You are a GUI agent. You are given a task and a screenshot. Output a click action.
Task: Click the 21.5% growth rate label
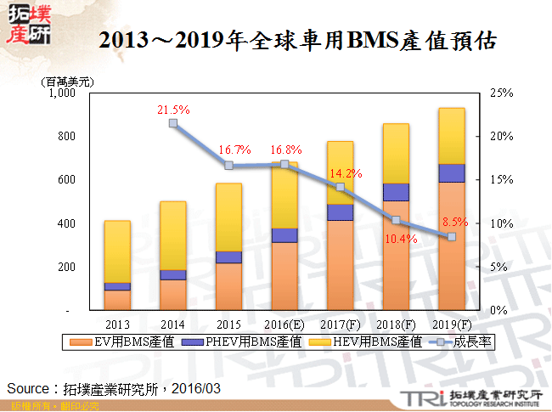(x=172, y=110)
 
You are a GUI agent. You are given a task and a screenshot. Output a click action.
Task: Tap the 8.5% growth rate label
(x=454, y=222)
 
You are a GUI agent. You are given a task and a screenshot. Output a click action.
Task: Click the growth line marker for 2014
(x=172, y=123)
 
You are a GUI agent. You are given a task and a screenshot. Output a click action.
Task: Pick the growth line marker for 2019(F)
(x=451, y=237)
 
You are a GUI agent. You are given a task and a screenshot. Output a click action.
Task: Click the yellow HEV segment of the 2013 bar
(x=117, y=251)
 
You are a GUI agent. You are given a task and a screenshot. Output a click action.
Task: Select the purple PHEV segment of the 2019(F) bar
(x=451, y=172)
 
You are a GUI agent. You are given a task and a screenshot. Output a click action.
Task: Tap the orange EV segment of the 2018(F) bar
(x=396, y=255)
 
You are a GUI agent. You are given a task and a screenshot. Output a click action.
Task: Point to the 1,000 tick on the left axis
(x=63, y=93)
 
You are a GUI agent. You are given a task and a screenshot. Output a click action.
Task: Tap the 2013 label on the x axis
(x=117, y=324)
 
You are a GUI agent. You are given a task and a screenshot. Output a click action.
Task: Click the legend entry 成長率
(x=468, y=342)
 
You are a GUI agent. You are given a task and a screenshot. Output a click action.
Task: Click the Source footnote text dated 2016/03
(x=114, y=387)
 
